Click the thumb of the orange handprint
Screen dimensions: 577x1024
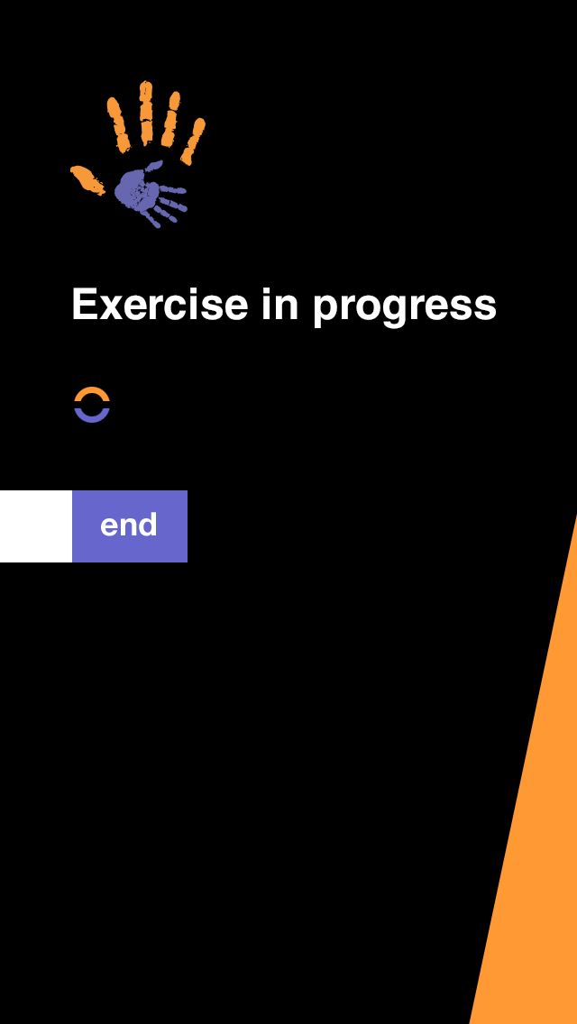point(87,179)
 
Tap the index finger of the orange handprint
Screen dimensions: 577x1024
point(119,124)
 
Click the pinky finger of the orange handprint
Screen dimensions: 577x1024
point(193,141)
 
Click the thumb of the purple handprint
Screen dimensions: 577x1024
point(154,165)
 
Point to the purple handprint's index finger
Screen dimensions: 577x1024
point(172,190)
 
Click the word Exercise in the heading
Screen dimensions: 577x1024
point(160,305)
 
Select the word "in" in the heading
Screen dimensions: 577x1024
point(279,305)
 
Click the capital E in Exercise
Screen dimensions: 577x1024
point(84,304)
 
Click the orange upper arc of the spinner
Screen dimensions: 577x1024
point(92,393)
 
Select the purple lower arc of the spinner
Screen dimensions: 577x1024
point(92,416)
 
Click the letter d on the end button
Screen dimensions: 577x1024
point(149,525)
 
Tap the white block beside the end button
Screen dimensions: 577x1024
point(36,526)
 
